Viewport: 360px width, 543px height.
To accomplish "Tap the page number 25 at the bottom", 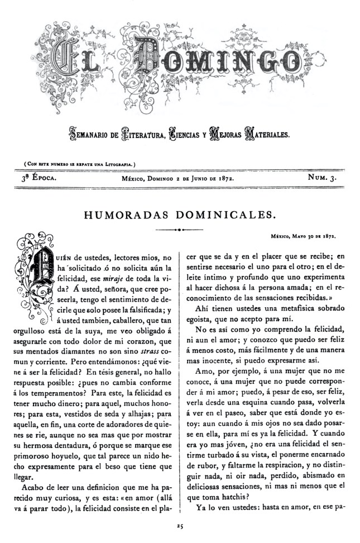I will pyautogui.click(x=180, y=526).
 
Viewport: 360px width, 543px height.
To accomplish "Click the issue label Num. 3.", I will pyautogui.click(x=325, y=178).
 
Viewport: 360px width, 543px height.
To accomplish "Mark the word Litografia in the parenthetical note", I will pyautogui.click(x=120, y=164).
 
